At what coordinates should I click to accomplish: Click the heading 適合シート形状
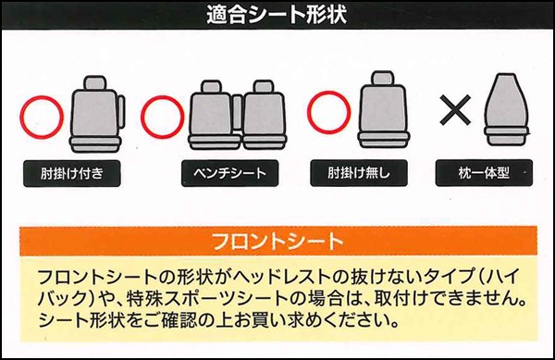point(277,16)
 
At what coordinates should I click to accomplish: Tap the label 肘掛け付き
point(69,173)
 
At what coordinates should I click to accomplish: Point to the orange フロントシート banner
point(277,242)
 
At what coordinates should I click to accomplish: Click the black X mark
point(455,112)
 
